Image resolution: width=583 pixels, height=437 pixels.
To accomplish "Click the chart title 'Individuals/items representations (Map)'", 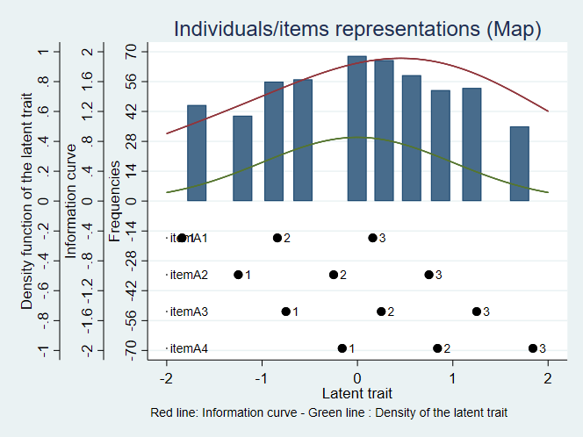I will tap(357, 28).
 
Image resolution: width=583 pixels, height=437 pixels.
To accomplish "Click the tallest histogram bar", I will tap(356, 128).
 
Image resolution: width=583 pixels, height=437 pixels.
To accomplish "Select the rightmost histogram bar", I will tap(519, 163).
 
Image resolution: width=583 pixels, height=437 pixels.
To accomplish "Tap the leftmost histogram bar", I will tap(197, 153).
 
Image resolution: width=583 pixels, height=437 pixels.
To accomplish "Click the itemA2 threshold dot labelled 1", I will tap(238, 275).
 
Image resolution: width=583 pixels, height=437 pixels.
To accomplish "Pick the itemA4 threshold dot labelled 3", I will tap(533, 348).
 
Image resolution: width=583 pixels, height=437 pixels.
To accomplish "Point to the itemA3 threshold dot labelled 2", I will tap(381, 312).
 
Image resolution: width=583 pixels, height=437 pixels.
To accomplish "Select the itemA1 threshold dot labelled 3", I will tap(372, 238).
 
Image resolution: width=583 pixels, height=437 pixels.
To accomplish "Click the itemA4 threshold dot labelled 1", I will tap(342, 348).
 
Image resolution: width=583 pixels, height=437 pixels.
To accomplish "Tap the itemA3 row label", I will tap(188, 312).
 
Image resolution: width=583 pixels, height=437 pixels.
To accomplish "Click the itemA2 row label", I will tap(188, 275).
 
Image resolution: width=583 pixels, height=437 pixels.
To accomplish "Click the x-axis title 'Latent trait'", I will tap(357, 392).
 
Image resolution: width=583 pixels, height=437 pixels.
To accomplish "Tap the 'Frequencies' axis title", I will tap(114, 201).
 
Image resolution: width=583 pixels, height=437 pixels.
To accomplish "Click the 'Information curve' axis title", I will tap(72, 201).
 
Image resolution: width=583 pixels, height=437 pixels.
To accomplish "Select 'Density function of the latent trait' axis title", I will tap(27, 201).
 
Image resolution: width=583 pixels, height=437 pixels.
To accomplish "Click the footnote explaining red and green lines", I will tap(329, 412).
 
